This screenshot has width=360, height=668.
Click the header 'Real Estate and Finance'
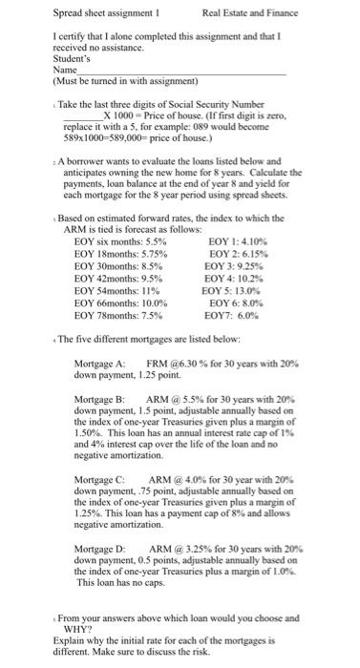(x=250, y=12)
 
